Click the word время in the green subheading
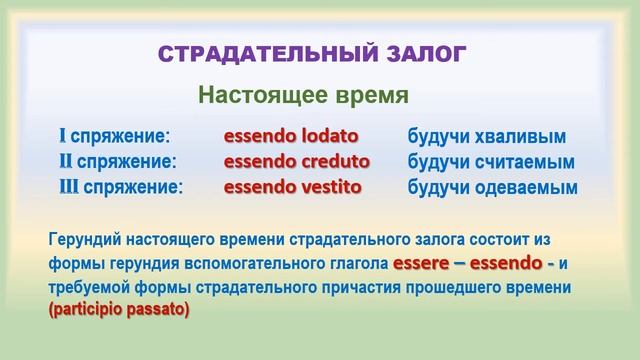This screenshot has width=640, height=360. pyautogui.click(x=365, y=96)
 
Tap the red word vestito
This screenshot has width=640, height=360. pyautogui.click(x=327, y=186)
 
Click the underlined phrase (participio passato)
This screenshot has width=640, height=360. pyautogui.click(x=117, y=310)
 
